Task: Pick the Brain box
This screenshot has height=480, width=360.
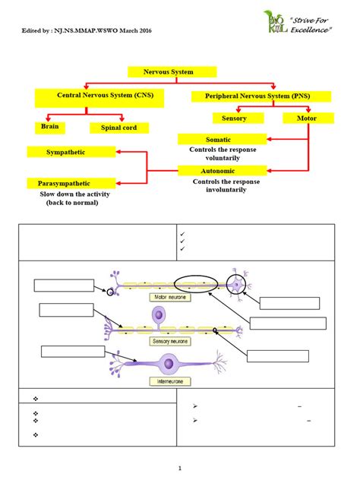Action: coord(50,128)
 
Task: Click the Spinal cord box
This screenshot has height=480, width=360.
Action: coord(119,128)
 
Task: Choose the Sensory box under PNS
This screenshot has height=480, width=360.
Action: coord(238,118)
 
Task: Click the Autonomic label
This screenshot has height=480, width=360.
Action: coord(222,172)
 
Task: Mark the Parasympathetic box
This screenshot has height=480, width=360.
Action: coord(71,183)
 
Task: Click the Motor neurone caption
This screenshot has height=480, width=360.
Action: coord(169,298)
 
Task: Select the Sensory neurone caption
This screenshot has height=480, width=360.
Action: coord(169,342)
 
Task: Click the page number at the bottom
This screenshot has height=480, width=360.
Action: coord(180,468)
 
